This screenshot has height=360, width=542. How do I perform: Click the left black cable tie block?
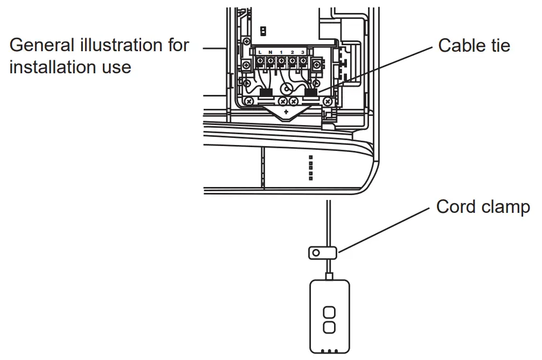point(266,92)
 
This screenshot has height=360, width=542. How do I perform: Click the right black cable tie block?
point(311,92)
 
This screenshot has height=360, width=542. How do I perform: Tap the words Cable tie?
point(474,45)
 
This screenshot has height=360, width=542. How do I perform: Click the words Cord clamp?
point(483,207)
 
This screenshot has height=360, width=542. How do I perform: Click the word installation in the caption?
point(49,67)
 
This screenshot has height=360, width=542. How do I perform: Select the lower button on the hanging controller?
point(328,327)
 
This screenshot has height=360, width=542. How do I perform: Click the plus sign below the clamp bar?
point(286,112)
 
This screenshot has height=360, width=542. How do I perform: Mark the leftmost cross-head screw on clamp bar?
point(249,101)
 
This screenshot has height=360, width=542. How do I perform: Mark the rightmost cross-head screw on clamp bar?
point(328,101)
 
